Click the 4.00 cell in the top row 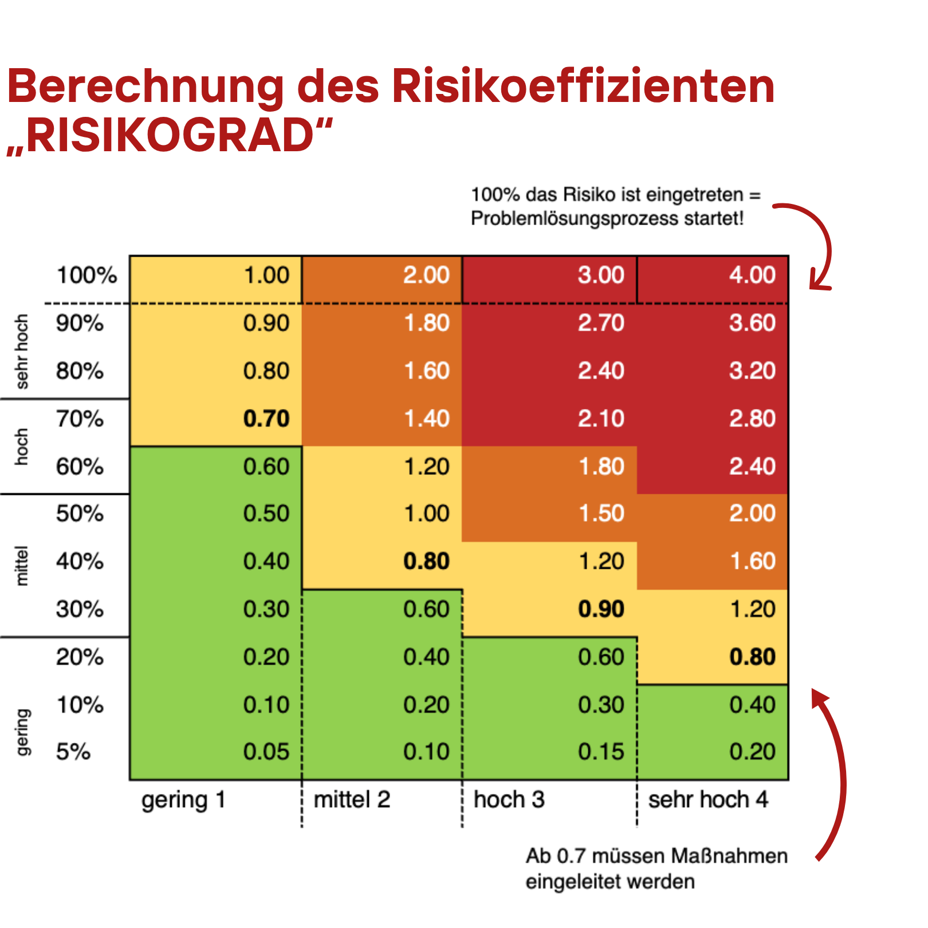click(x=752, y=276)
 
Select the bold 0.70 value click(x=266, y=419)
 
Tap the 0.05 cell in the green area click(x=266, y=752)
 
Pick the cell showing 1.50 click(x=601, y=513)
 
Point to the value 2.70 click(x=601, y=323)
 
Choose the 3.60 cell click(x=752, y=323)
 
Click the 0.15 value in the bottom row click(x=601, y=752)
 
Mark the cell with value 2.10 click(x=601, y=419)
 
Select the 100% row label click(x=86, y=276)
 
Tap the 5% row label click(x=73, y=752)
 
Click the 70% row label click(x=80, y=419)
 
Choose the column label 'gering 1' click(x=183, y=800)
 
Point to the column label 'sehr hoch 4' click(x=708, y=800)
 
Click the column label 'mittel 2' click(x=352, y=800)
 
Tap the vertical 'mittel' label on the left click(x=21, y=565)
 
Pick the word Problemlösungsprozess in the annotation click(x=574, y=219)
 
